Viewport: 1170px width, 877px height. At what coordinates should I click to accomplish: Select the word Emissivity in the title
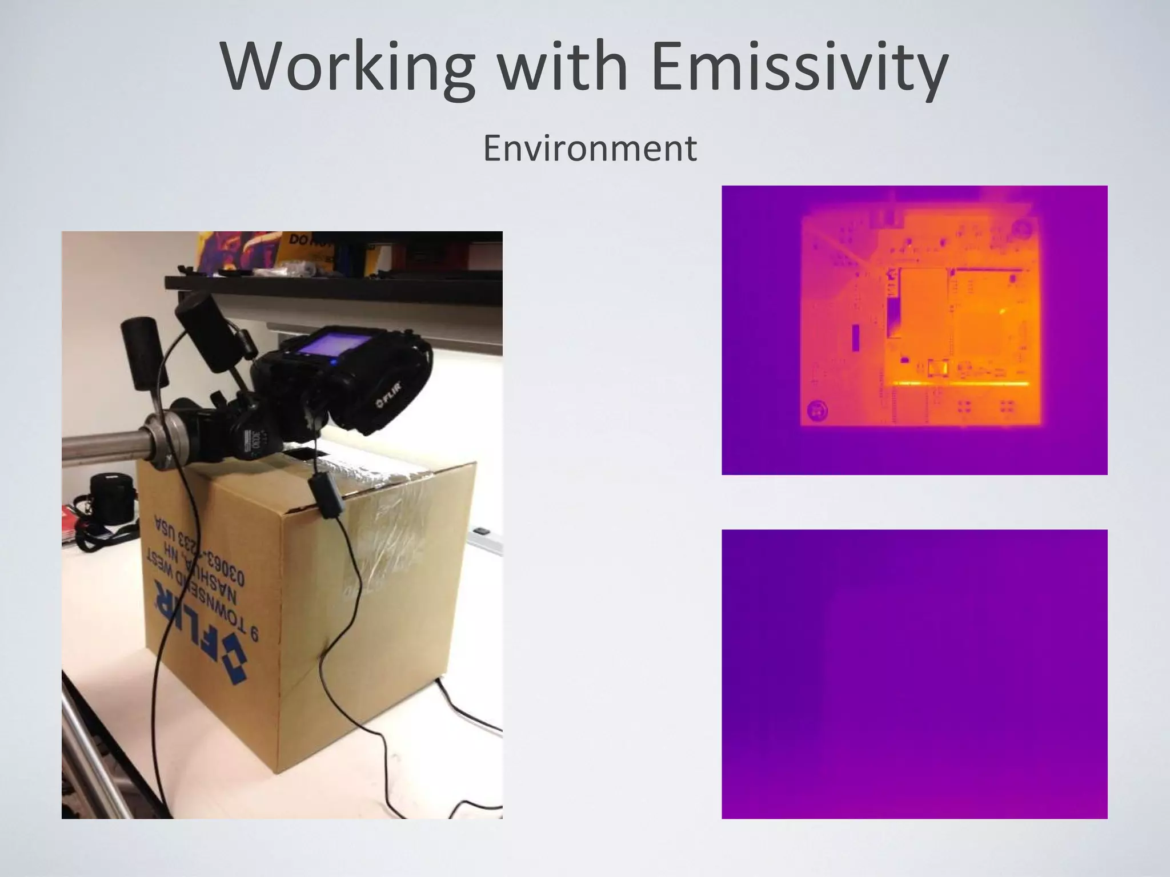(799, 69)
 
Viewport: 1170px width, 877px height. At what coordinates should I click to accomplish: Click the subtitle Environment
(590, 148)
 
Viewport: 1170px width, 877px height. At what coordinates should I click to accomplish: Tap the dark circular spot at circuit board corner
(818, 409)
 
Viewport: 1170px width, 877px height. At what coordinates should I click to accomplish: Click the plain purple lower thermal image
(914, 674)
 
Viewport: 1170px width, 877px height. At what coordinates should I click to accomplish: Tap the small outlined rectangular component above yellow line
(938, 368)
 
